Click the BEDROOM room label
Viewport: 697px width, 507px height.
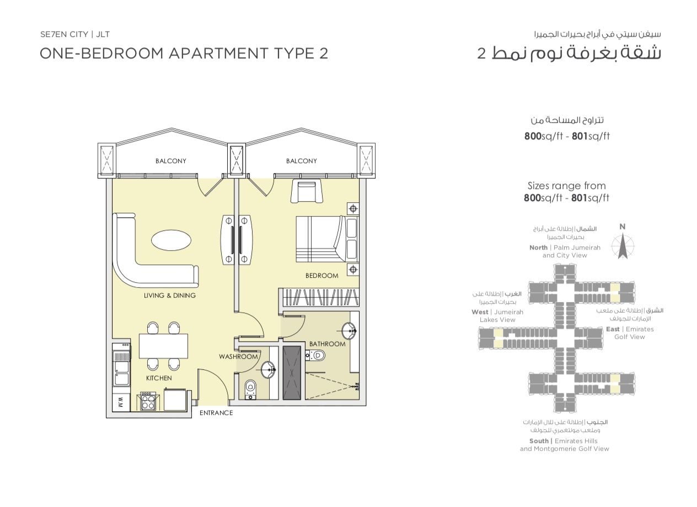coord(321,276)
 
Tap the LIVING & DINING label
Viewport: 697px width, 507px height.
coord(170,295)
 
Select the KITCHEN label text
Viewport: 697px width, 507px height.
coord(159,378)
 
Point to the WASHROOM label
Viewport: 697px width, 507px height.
coord(238,357)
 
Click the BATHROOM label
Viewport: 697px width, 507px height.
coord(328,344)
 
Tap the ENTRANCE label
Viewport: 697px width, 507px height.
coord(216,413)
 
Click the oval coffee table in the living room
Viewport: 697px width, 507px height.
coord(171,240)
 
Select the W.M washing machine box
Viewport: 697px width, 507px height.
coord(121,403)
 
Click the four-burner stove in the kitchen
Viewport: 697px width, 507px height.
coord(148,401)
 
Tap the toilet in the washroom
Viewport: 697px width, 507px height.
coord(250,390)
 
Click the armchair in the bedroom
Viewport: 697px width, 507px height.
coord(307,191)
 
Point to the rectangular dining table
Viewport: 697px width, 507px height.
coord(163,346)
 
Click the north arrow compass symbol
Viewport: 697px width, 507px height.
coord(622,246)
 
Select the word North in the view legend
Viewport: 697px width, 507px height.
coord(538,247)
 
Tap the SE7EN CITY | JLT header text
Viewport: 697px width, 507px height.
coord(75,34)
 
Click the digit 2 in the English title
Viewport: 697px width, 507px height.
coord(324,53)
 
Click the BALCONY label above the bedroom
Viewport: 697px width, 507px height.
coord(302,161)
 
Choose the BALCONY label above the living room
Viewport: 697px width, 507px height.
coord(171,161)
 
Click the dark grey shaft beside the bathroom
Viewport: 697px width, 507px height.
coord(292,373)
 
